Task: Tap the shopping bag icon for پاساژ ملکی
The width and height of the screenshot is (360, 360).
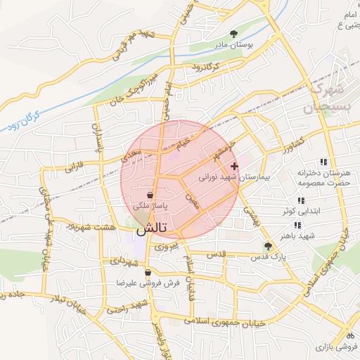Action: [x=150, y=195]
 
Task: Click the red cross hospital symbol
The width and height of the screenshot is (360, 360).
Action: [x=234, y=167]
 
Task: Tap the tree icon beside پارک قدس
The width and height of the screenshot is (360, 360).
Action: [x=267, y=246]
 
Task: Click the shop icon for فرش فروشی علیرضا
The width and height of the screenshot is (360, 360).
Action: [x=148, y=272]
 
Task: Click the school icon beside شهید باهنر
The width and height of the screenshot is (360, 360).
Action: [x=297, y=225]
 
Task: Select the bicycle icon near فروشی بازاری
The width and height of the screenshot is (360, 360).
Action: [x=349, y=334]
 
